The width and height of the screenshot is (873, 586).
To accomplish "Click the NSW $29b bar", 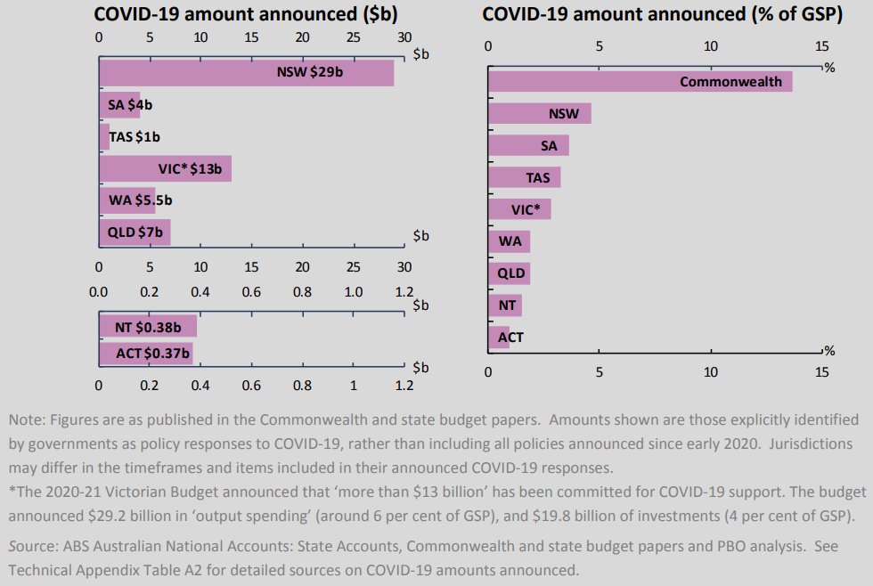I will (x=246, y=73).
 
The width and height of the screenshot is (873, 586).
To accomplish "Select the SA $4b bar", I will (x=119, y=105).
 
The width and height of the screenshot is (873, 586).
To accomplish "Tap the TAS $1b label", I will (x=135, y=137).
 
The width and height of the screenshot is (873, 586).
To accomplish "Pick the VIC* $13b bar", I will (x=165, y=168).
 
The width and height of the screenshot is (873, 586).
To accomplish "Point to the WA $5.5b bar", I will (x=126, y=200).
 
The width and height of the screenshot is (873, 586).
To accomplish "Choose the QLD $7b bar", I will (x=134, y=232).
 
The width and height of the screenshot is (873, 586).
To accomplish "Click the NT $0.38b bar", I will (x=147, y=327).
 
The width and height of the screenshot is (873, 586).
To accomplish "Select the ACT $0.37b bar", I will (x=145, y=354).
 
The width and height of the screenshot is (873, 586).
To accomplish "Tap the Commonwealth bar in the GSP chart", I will (x=640, y=82).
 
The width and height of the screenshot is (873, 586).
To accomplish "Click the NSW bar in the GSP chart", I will (x=539, y=114).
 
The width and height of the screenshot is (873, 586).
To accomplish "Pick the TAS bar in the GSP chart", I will (x=524, y=177).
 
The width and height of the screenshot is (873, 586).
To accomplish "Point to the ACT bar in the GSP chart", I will (x=499, y=338).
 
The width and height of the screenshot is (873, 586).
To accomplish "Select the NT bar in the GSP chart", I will (x=505, y=305).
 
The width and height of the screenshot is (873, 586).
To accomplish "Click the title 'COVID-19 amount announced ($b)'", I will (x=246, y=14).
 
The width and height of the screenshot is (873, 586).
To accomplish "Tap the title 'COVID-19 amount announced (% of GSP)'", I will (x=663, y=14).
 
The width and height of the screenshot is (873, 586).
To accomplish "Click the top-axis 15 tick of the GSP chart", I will (x=821, y=46).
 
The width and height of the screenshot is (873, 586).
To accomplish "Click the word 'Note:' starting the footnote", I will (x=27, y=419).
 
